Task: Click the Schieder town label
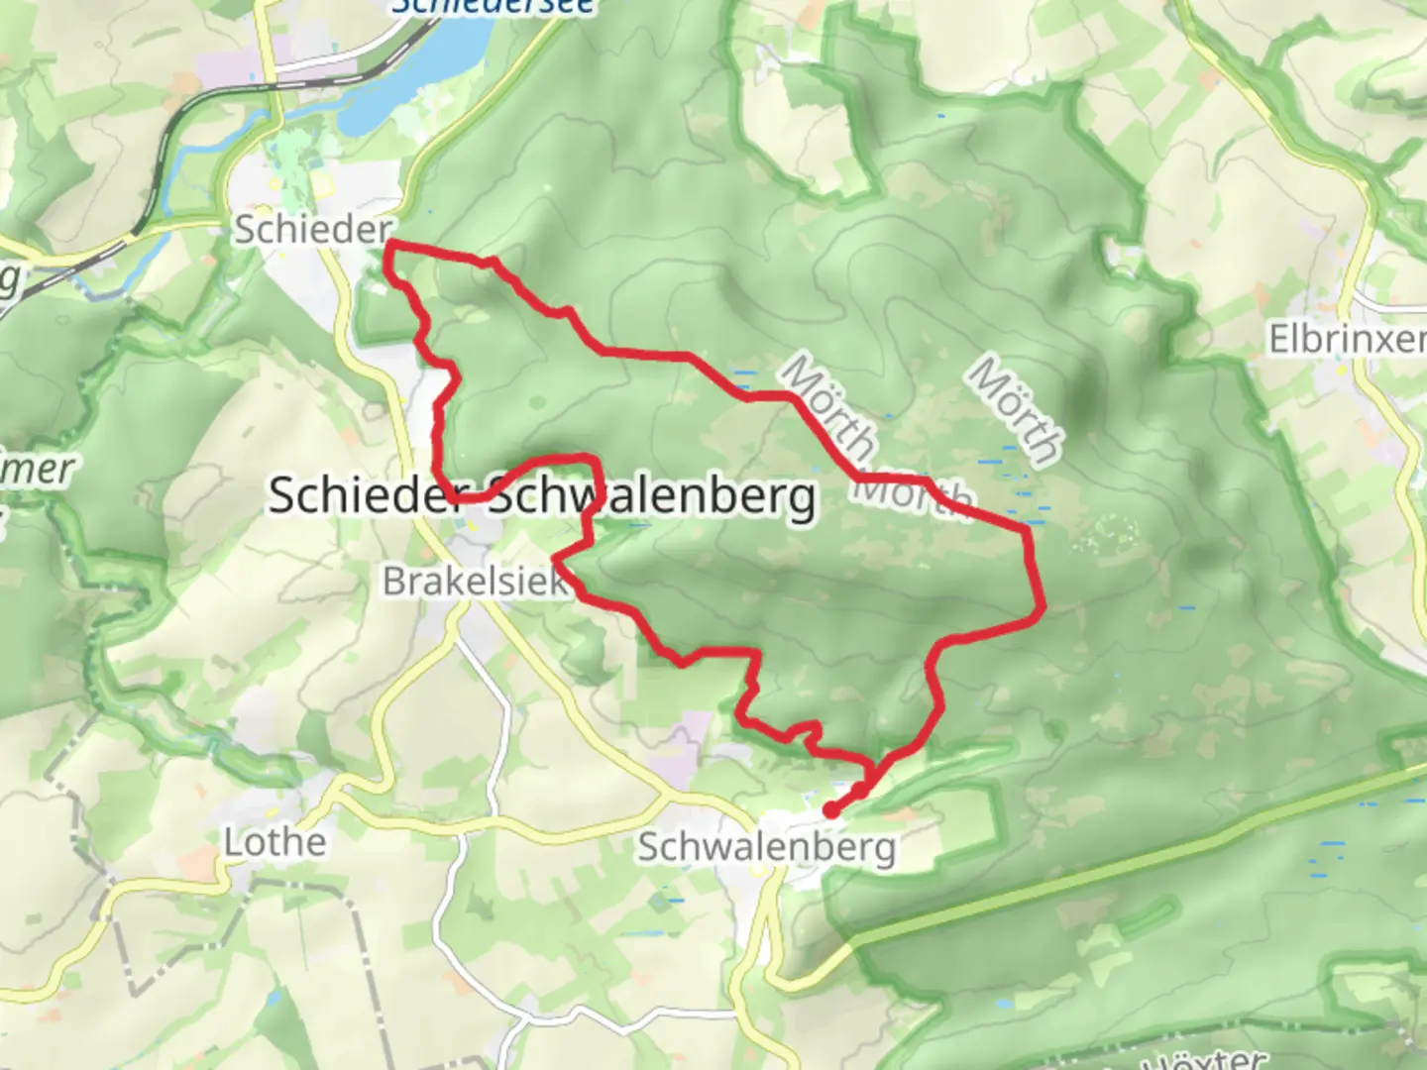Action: (x=313, y=231)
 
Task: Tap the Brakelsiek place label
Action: (x=475, y=582)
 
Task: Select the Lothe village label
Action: (x=274, y=842)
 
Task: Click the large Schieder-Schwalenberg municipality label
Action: (x=542, y=495)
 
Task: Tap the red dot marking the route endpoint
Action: (x=831, y=810)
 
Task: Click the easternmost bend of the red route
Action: (x=1041, y=604)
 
